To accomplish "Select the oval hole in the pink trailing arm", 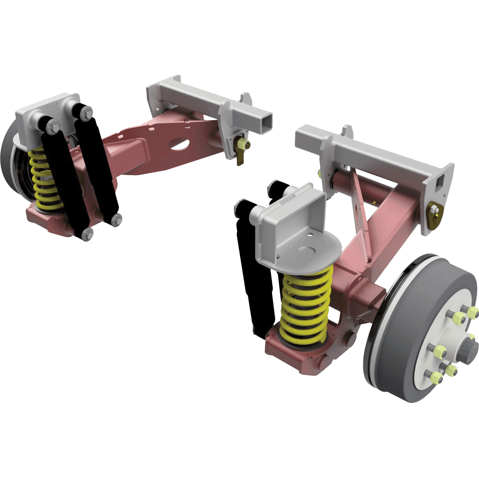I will tap(181, 144).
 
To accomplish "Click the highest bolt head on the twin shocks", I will tap(87, 111).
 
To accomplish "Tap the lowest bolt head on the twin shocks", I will tap(86, 234).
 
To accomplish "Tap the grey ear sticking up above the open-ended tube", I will tap(246, 98).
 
